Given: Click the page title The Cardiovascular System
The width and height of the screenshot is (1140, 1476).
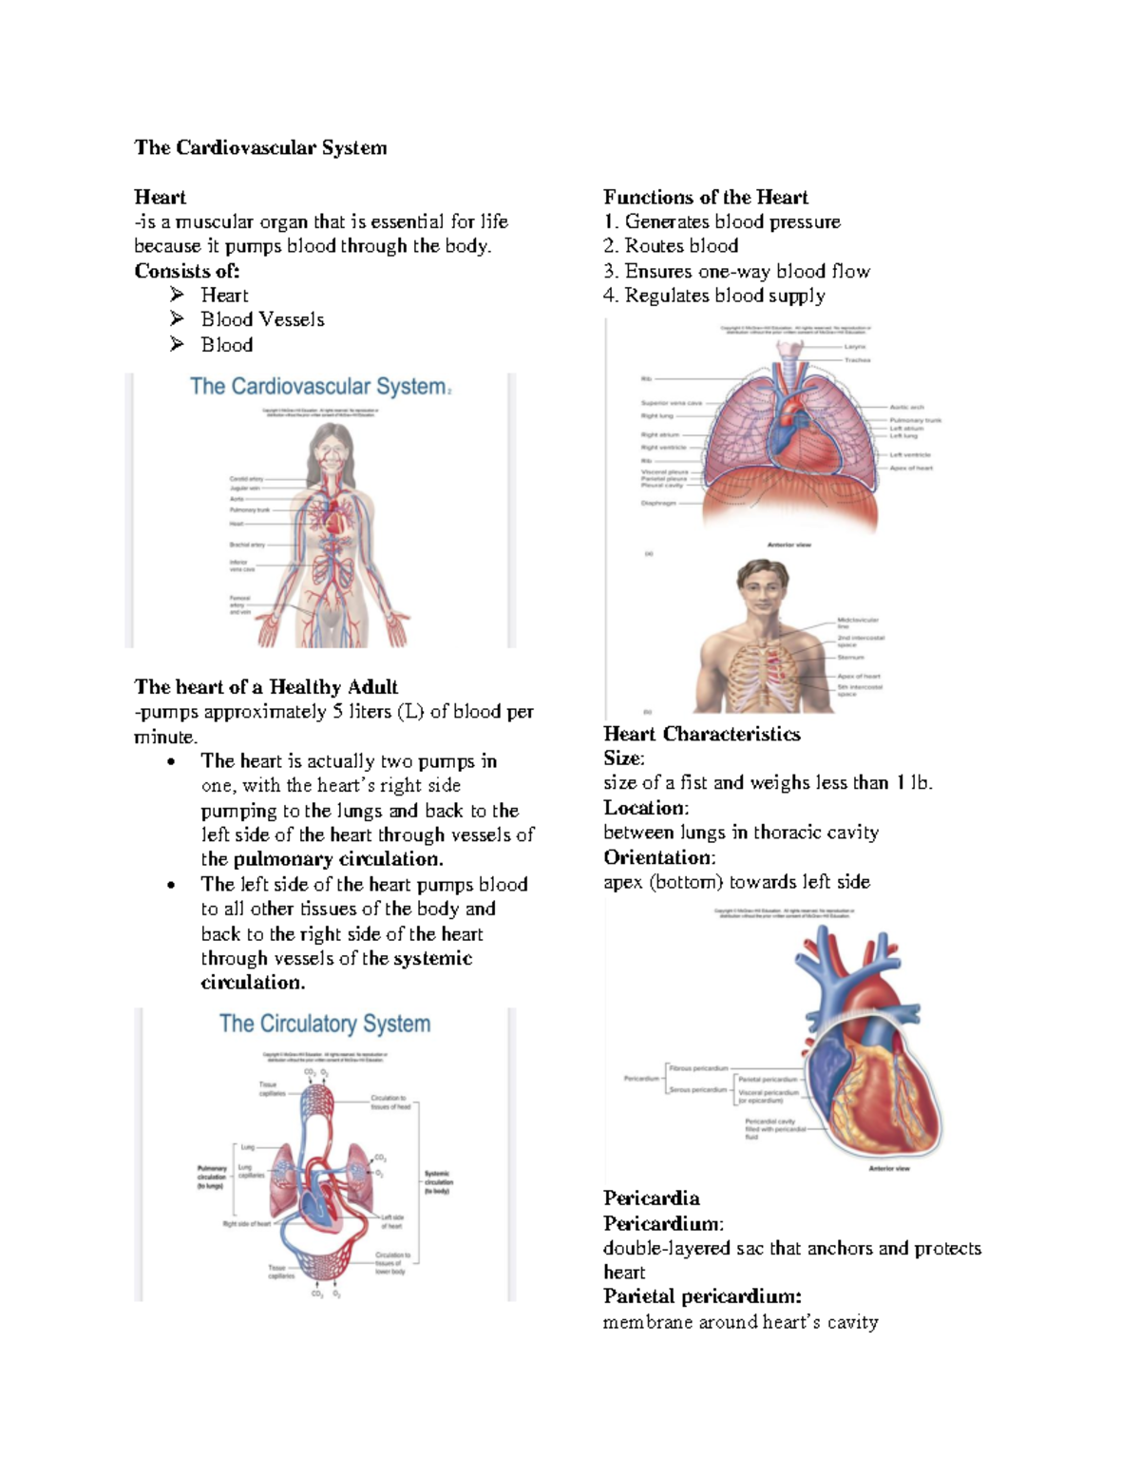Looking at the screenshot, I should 260,147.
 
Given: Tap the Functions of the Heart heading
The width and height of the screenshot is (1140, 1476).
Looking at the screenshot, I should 705,197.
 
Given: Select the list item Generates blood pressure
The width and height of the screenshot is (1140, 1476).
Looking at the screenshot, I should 731,221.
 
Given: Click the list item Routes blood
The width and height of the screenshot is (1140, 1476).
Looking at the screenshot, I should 680,246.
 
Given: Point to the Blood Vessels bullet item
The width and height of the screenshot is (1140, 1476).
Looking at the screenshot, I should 262,320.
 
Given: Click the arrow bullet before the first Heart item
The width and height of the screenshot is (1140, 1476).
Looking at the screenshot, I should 177,295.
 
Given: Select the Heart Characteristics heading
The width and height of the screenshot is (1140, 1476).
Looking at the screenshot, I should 701,734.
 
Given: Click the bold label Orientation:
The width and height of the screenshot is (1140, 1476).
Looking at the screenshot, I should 659,857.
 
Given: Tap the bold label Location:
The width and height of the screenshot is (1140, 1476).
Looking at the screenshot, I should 646,808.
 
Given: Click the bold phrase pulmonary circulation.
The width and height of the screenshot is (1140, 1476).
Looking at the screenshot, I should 337,859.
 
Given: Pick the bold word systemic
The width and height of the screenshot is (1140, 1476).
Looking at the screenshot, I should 432,958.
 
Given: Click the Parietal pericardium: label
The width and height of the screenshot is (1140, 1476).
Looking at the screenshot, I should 702,1296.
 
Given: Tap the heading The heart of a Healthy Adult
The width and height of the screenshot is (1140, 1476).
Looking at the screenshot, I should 266,687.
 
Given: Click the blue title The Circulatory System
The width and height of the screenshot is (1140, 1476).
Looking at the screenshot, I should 325,1024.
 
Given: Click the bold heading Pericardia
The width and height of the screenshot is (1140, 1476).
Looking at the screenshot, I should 651,1198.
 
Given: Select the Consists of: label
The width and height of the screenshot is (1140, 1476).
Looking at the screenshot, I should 186,271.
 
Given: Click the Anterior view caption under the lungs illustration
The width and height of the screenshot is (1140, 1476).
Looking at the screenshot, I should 788,545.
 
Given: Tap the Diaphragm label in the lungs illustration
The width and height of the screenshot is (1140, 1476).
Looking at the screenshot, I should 658,503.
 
